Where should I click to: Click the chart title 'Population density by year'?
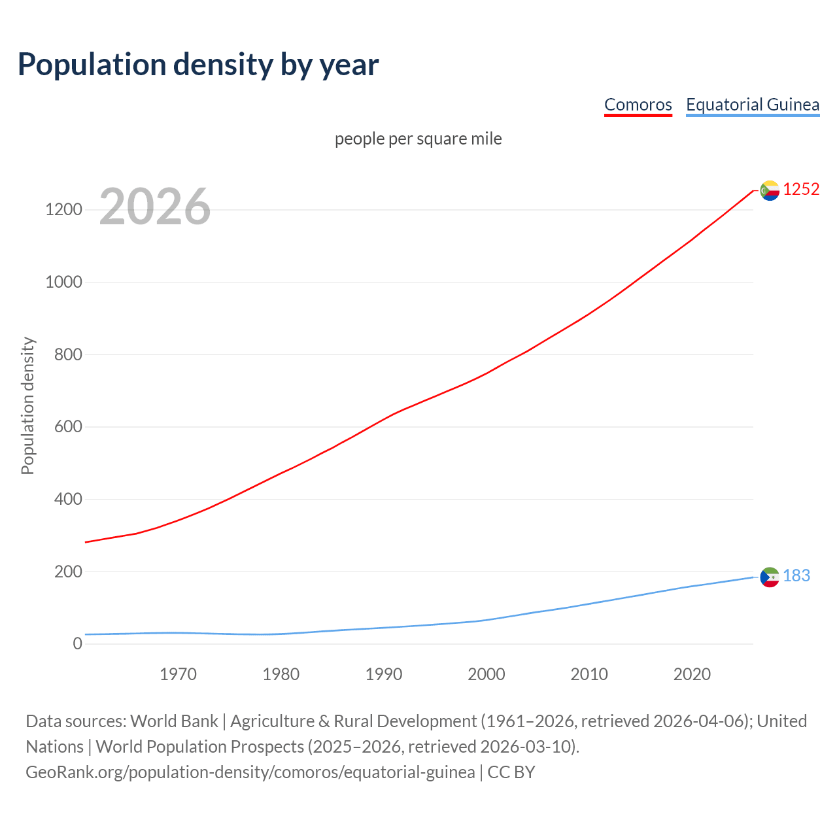[198, 65]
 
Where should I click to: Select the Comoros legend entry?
[638, 105]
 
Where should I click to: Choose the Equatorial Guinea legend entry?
[752, 105]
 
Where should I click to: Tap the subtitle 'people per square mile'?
[418, 139]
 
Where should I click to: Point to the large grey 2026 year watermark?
[155, 207]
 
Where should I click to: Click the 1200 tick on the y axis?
[63, 210]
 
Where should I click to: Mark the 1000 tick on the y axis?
[63, 282]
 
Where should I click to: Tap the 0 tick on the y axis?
[78, 644]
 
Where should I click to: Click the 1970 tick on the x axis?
[178, 674]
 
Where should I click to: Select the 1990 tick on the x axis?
[384, 674]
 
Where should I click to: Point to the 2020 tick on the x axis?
[692, 674]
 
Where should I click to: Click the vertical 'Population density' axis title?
[27, 405]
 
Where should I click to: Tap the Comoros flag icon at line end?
[770, 190]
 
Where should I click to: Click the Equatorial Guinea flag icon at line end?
[770, 577]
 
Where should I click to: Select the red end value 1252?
[801, 190]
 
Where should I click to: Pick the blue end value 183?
[796, 576]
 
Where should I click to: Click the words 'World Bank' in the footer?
[174, 721]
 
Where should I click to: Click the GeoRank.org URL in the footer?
[250, 772]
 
